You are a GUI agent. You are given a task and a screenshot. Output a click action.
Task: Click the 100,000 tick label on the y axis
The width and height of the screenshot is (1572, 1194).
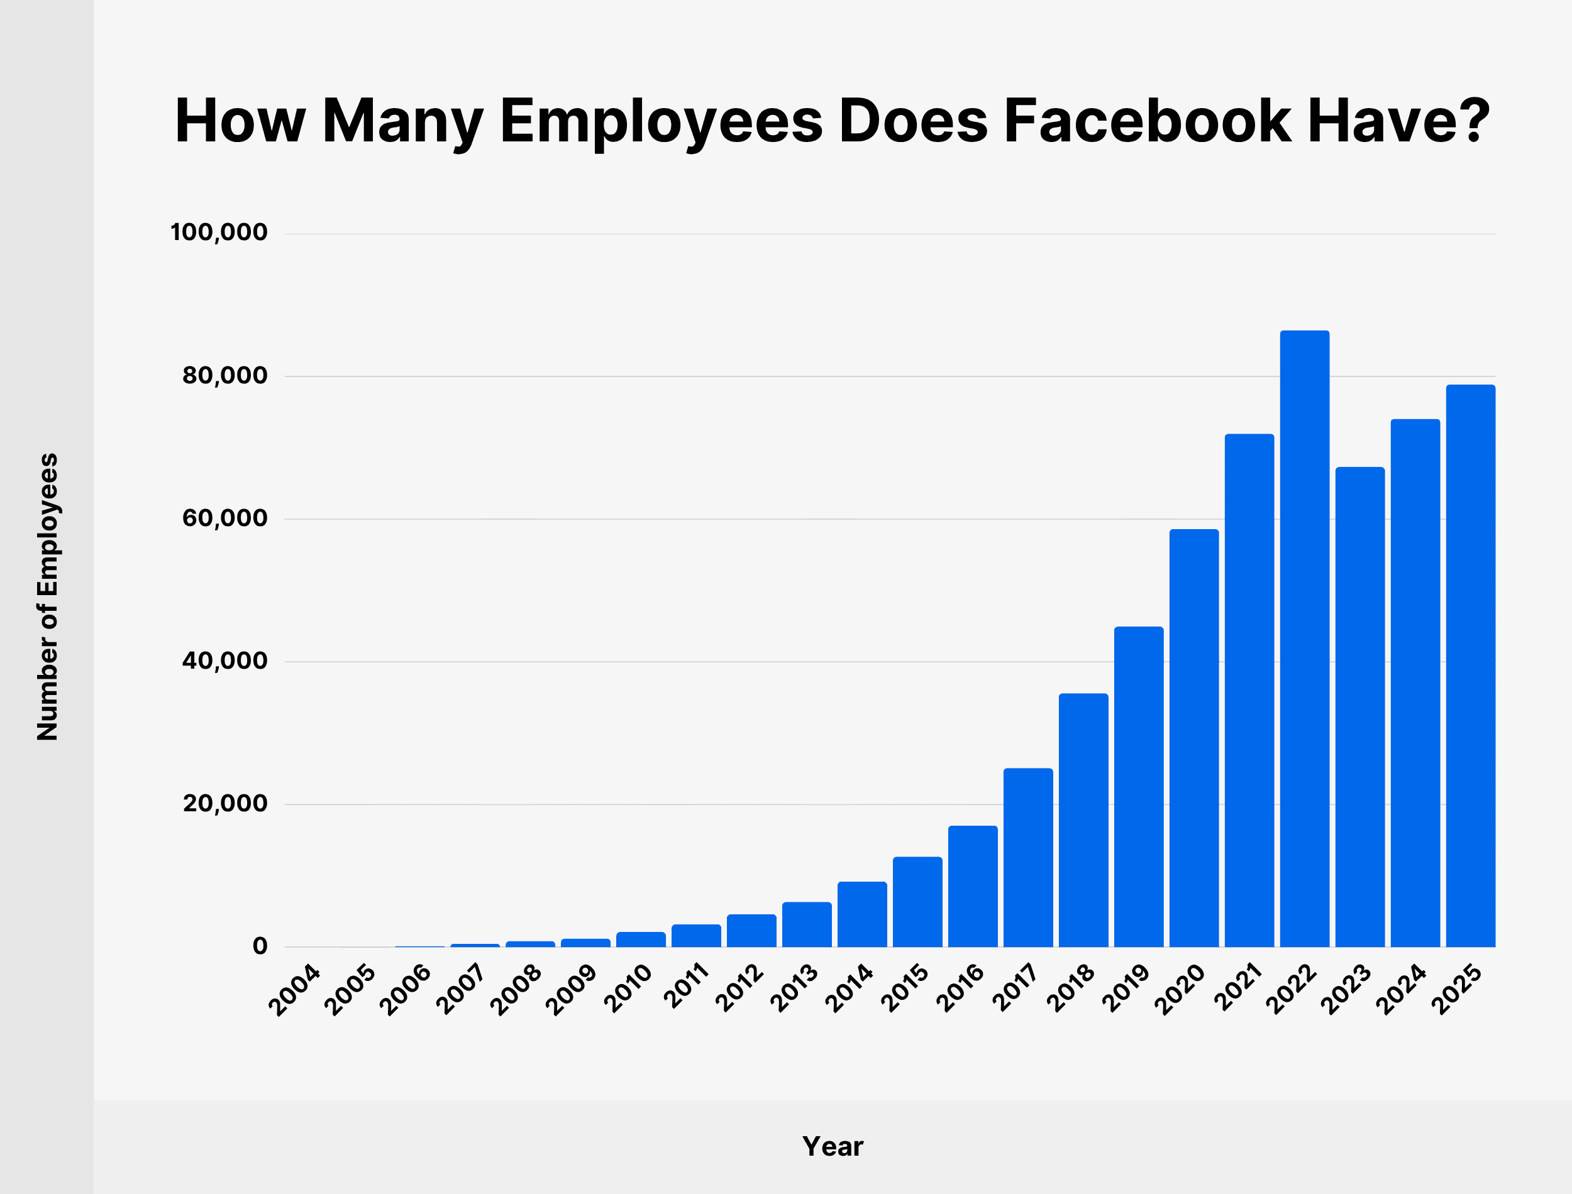219,233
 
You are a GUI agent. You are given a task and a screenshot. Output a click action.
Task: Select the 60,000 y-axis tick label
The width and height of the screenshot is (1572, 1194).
224,518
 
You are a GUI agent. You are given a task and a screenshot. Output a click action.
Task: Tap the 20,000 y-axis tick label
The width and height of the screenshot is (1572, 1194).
224,804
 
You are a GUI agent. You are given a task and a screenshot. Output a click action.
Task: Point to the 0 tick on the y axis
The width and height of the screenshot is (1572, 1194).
260,946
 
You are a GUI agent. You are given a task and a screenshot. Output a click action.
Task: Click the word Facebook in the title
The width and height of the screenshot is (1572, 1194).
1147,121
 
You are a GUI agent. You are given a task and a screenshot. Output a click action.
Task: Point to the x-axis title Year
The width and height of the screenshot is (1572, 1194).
833,1146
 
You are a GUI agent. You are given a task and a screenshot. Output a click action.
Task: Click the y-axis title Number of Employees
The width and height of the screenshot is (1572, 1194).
48,597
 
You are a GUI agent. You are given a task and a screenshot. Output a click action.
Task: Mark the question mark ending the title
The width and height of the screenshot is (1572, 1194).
1470,119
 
